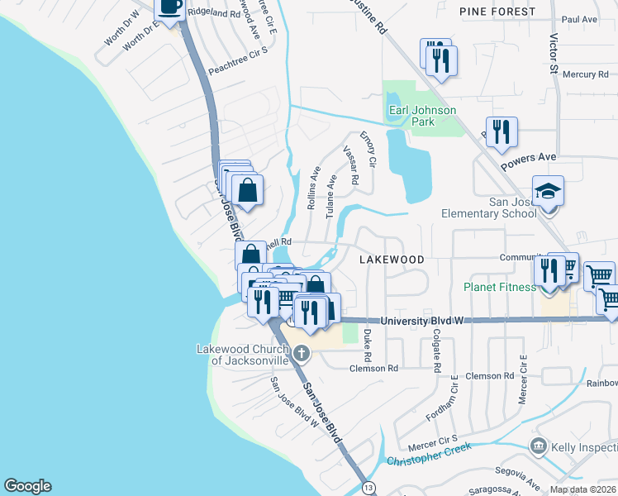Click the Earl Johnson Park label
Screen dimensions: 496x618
click(422, 116)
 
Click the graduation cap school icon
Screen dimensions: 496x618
click(548, 192)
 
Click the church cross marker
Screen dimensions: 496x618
click(302, 354)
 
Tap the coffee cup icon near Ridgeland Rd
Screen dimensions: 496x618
click(171, 8)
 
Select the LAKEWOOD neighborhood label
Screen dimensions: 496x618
click(392, 260)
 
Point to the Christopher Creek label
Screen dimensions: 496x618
click(429, 454)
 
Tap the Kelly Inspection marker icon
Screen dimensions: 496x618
click(539, 447)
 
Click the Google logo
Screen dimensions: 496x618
click(27, 486)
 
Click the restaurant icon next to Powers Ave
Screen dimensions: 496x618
click(502, 132)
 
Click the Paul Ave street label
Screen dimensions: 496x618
click(578, 19)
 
